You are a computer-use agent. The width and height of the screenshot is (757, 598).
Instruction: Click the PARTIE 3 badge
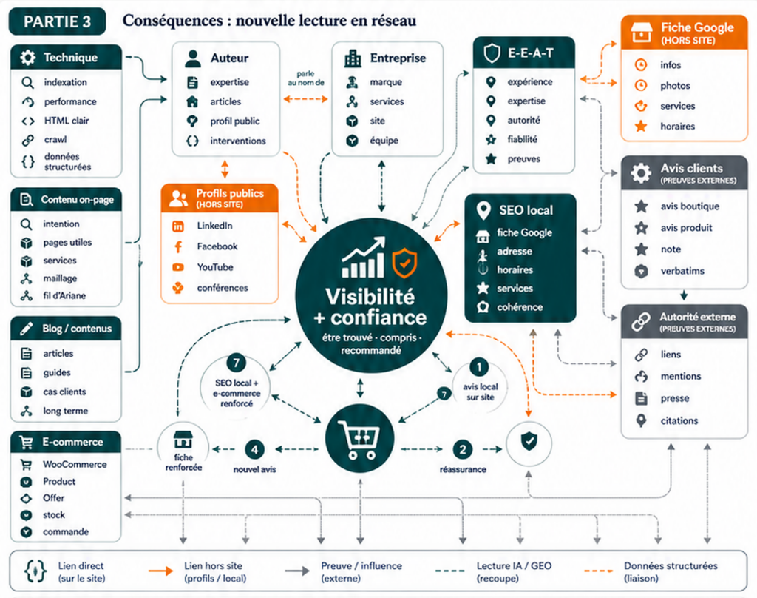tap(58, 21)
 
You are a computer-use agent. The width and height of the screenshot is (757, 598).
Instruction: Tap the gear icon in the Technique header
tap(27, 58)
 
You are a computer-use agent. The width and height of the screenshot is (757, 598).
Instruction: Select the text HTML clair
tap(67, 121)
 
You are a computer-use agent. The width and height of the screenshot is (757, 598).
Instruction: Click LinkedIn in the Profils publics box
tap(214, 226)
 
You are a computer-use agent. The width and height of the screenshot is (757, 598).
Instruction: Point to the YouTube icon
tap(178, 267)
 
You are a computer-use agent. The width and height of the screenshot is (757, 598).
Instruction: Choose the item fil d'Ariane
tap(64, 296)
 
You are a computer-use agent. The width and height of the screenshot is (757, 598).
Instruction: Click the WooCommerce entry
tap(75, 465)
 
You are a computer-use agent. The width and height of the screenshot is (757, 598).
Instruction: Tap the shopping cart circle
tap(360, 439)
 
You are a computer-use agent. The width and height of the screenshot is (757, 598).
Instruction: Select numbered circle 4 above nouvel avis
tap(254, 449)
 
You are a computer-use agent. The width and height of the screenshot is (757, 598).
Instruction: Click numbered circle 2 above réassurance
tap(463, 449)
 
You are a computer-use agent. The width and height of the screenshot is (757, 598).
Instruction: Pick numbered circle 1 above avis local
tap(479, 367)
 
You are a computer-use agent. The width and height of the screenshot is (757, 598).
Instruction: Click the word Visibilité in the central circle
tap(370, 296)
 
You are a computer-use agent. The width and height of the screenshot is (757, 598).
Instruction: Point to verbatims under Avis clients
tap(682, 271)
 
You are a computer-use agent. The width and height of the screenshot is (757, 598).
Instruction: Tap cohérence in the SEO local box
tap(520, 307)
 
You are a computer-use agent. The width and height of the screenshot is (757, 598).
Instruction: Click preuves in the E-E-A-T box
tap(524, 159)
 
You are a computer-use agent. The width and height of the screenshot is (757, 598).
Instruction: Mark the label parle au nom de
tap(305, 78)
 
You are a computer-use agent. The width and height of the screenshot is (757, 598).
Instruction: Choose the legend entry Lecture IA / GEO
tap(514, 572)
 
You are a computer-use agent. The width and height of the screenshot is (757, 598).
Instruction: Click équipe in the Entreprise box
tap(384, 141)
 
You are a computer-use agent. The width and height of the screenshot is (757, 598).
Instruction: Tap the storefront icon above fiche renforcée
tap(183, 440)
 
